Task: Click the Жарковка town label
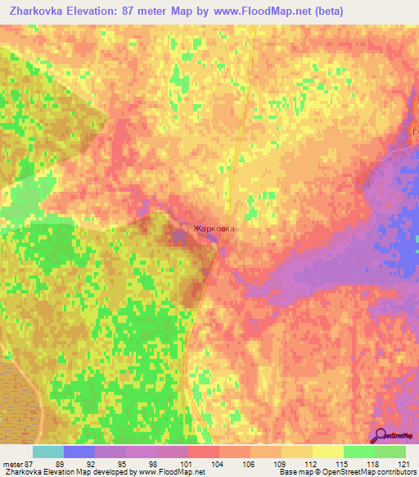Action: click(214, 229)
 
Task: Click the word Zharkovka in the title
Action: click(38, 11)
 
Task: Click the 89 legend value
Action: click(79, 463)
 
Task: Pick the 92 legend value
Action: click(110, 463)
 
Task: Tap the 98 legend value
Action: click(173, 463)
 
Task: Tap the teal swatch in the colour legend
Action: click(48, 452)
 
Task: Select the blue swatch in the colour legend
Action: click(79, 452)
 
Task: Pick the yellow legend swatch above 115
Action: click(328, 452)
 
